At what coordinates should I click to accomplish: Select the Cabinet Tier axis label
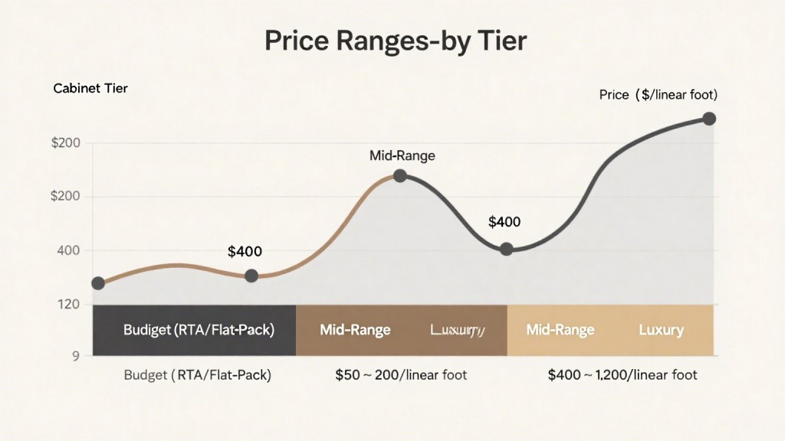[90, 88]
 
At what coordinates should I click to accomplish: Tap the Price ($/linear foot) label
[658, 95]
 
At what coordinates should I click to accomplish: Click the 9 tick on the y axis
[76, 355]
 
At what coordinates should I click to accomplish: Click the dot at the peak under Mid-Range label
[399, 175]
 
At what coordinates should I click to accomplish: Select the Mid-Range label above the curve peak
[402, 155]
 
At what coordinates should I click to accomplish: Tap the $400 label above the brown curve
[245, 251]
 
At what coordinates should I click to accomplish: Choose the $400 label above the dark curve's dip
[504, 222]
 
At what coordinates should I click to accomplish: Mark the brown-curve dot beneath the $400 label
[251, 276]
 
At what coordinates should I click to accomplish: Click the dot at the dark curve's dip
[506, 249]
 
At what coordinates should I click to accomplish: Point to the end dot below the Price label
[709, 119]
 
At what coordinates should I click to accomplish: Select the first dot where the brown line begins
[98, 283]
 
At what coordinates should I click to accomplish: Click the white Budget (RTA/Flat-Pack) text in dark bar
[199, 330]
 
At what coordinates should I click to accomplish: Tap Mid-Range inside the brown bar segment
[355, 330]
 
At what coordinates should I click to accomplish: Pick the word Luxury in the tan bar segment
[661, 330]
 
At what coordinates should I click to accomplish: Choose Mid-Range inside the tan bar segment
[560, 330]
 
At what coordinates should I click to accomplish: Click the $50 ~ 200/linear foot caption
[401, 375]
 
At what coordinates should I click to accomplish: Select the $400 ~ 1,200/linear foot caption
[622, 375]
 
